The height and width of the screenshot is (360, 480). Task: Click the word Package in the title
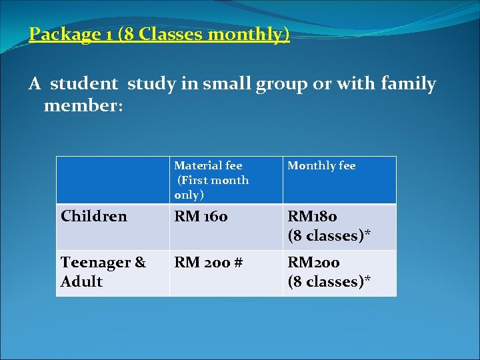click(62, 35)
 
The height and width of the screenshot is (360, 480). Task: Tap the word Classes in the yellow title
click(165, 35)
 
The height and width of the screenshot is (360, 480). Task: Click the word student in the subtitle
click(84, 85)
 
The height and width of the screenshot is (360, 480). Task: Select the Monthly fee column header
click(321, 165)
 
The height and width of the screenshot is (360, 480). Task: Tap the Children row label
click(94, 216)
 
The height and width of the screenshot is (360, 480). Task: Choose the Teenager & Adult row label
click(103, 272)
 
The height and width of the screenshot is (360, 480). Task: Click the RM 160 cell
click(201, 216)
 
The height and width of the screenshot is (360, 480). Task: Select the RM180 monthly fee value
click(312, 216)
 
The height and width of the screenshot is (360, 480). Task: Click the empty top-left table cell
click(113, 180)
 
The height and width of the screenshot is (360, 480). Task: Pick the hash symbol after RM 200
click(237, 263)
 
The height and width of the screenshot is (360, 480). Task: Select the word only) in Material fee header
click(189, 195)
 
